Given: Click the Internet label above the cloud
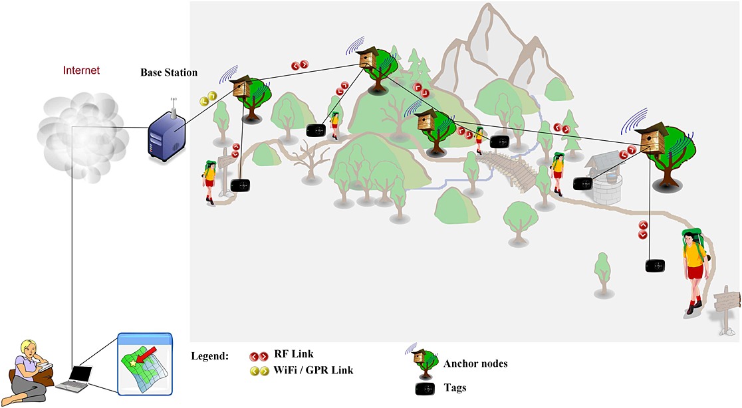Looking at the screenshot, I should pos(81,70).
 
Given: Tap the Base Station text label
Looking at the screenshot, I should pos(169,72).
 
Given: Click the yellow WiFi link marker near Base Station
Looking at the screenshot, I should pos(207,100).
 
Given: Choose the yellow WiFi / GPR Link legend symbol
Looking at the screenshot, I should pos(259,371).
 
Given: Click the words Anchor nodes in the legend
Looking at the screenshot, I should pos(475,363).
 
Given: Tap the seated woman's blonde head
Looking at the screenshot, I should pos(29,348).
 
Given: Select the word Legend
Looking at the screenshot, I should pos(209,356).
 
